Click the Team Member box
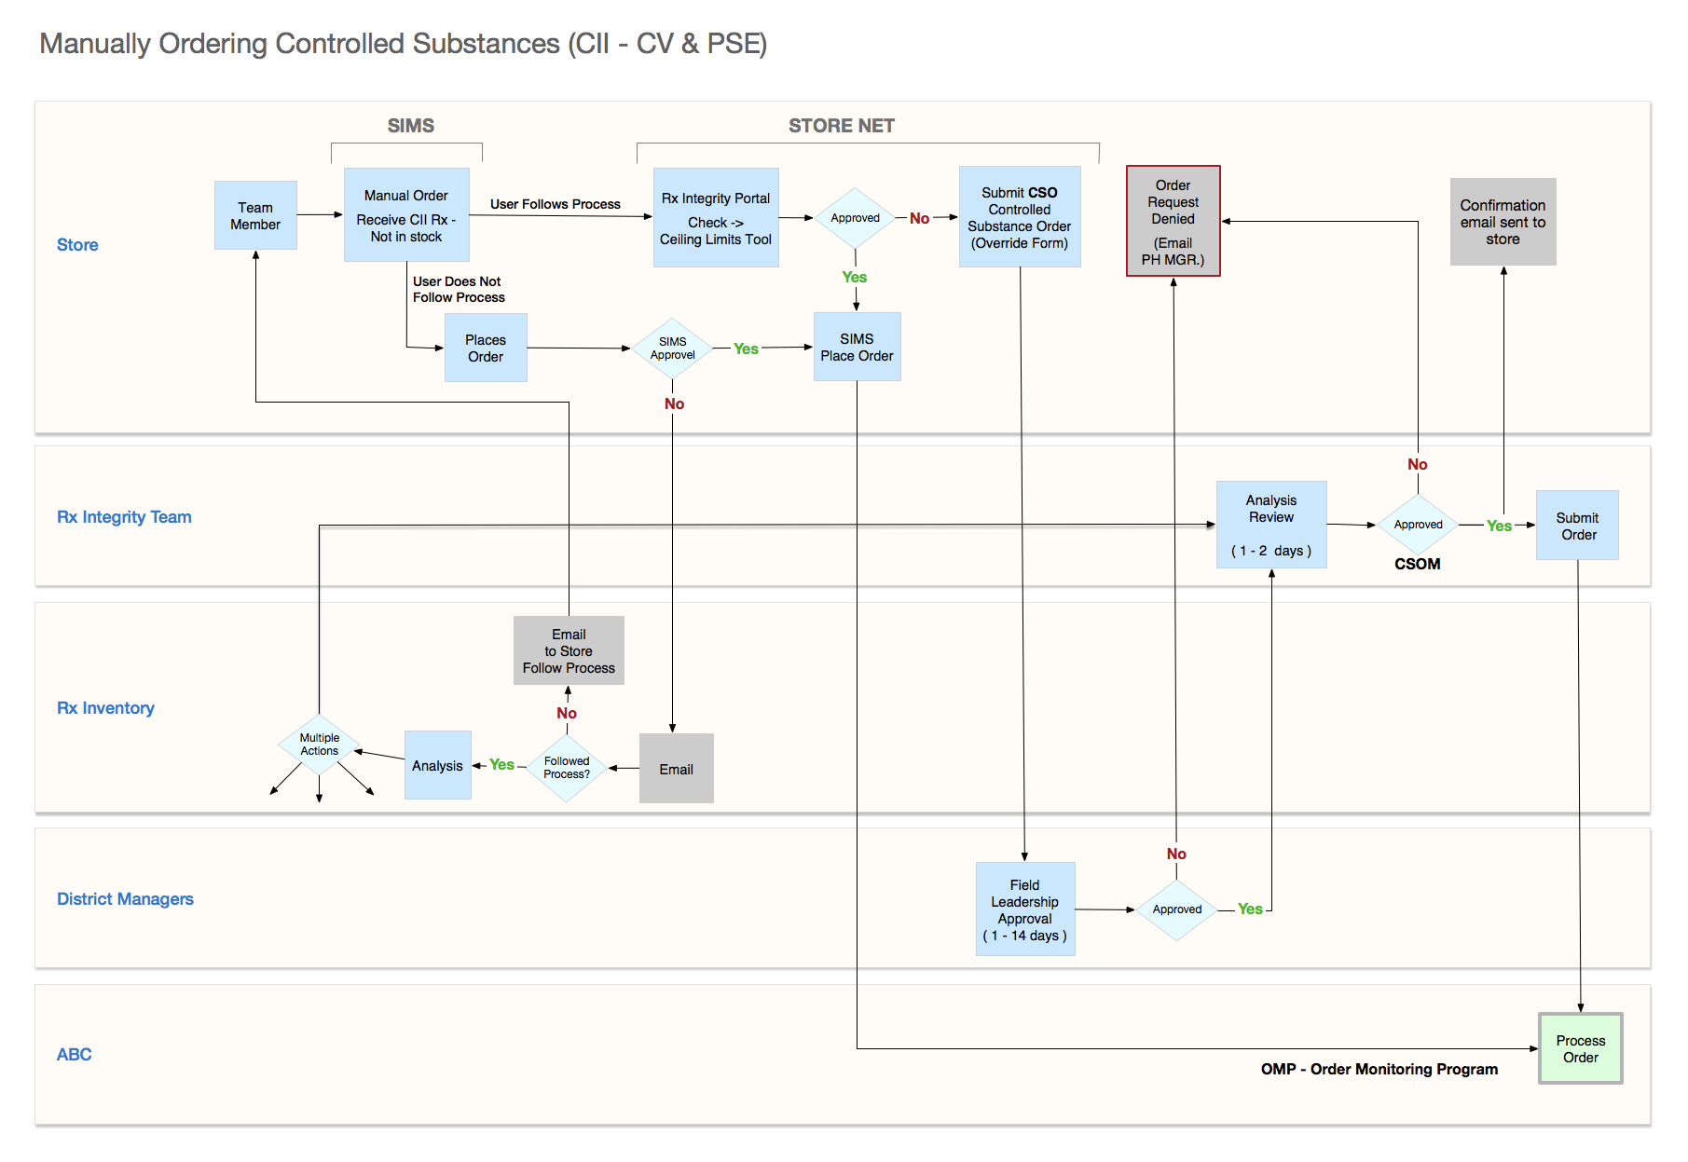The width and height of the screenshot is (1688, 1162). [255, 215]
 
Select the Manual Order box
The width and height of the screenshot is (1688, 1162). [406, 215]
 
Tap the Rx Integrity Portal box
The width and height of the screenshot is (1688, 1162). [716, 218]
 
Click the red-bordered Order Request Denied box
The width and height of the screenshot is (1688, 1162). [1173, 222]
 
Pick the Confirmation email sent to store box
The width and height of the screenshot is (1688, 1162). [1503, 222]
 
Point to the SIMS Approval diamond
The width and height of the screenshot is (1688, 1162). [672, 349]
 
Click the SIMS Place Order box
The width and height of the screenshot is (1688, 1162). [857, 347]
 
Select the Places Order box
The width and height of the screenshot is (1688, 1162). [486, 348]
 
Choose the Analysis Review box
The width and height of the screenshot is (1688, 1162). [1271, 525]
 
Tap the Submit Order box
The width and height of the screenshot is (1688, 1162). [1577, 526]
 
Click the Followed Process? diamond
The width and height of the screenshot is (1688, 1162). [567, 768]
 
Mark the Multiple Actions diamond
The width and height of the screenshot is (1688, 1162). [320, 745]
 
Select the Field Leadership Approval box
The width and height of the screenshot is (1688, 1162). [1025, 909]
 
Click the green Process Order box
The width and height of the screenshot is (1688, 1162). [1581, 1048]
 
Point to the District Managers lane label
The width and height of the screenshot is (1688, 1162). [125, 899]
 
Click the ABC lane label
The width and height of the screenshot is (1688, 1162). [75, 1055]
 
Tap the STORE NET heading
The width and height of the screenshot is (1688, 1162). [841, 126]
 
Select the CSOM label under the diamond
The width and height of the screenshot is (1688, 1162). [1417, 564]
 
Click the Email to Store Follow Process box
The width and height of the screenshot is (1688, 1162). [569, 650]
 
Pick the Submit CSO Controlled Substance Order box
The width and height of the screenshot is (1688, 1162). [1020, 217]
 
